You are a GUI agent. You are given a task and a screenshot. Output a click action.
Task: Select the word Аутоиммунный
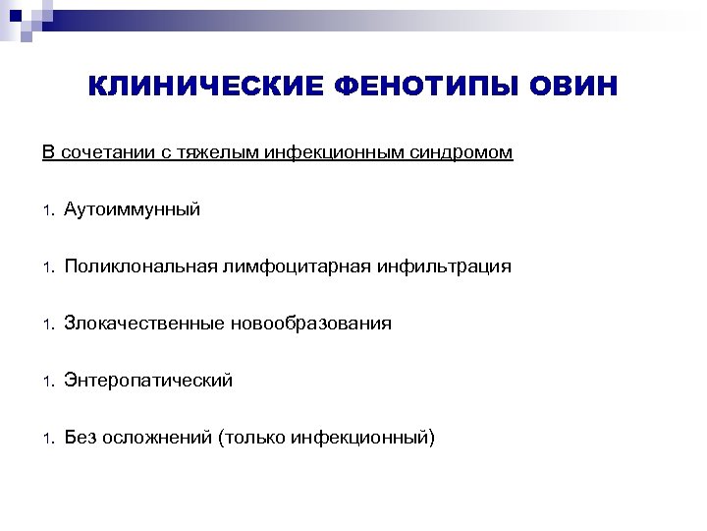(x=133, y=209)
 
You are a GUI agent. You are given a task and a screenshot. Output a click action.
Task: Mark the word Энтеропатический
(x=148, y=381)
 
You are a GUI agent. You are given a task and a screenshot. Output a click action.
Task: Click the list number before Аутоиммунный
(x=46, y=210)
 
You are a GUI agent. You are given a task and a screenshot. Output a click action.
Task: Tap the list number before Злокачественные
(x=46, y=324)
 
